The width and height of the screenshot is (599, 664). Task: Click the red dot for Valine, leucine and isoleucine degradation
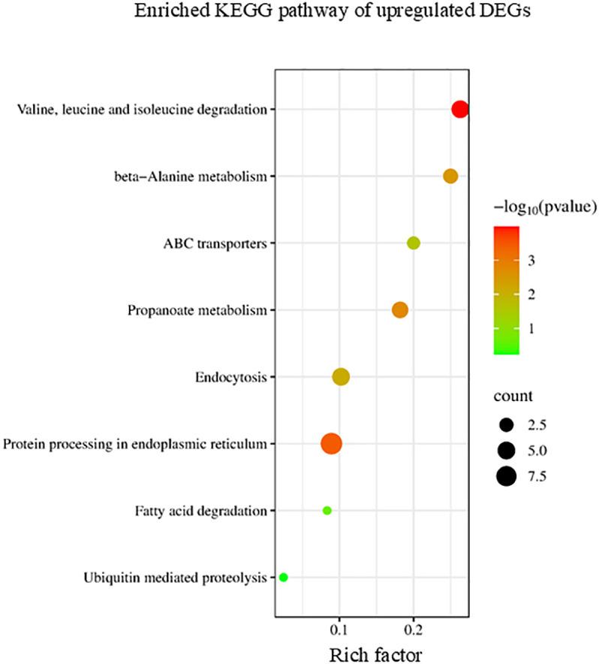point(460,110)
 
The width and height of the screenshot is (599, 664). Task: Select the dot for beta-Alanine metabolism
point(450,177)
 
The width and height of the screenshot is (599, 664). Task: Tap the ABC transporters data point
point(414,243)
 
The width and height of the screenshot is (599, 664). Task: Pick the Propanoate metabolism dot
point(400,309)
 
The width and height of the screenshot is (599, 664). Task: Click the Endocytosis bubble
point(342,377)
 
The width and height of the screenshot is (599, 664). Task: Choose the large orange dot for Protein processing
point(331,444)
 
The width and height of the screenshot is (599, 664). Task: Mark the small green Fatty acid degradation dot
point(327,511)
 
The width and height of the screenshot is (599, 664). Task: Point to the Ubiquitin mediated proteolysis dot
point(283,578)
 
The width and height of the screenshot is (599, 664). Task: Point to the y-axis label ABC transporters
point(215,243)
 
